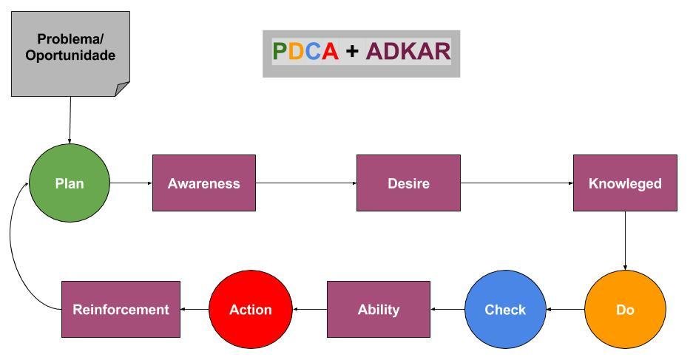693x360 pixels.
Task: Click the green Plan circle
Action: (70, 183)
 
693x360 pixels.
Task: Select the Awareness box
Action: (204, 183)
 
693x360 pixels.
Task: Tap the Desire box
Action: (408, 183)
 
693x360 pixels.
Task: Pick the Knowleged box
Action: (625, 183)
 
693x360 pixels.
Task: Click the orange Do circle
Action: (625, 310)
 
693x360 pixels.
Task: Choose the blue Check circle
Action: (505, 310)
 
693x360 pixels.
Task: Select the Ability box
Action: (379, 310)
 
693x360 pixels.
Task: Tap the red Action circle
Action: (250, 310)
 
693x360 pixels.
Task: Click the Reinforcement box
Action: (121, 310)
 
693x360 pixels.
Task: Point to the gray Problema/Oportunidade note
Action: (70, 48)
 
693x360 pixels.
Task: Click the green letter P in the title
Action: (280, 52)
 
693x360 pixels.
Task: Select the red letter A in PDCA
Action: (330, 52)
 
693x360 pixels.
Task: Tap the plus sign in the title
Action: (352, 52)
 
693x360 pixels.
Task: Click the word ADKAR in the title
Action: (408, 52)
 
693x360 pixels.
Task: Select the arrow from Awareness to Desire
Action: (306, 183)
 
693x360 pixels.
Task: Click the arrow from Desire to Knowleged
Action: (516, 183)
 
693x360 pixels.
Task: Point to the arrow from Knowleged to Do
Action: (625, 240)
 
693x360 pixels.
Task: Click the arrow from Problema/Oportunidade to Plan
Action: (70, 120)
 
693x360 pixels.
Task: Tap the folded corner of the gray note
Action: (123, 89)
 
